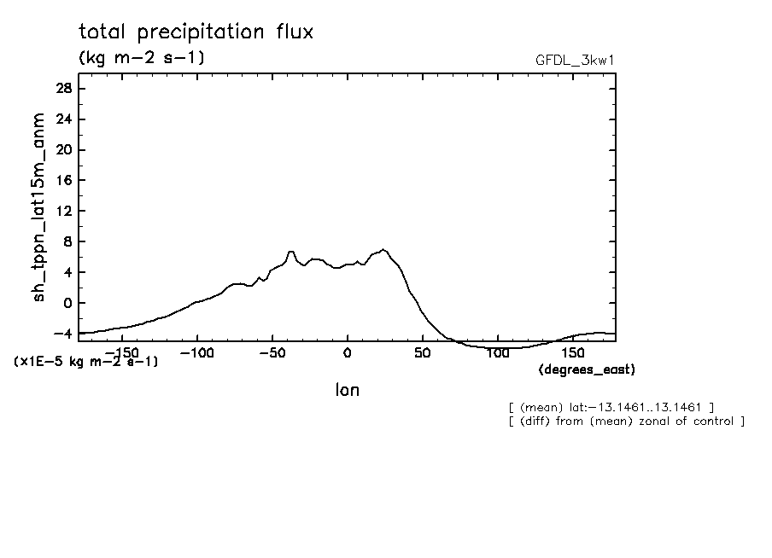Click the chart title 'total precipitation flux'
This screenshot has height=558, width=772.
click(x=196, y=32)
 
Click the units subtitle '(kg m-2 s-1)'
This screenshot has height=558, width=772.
click(x=141, y=58)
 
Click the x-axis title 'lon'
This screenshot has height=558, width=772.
click(x=347, y=391)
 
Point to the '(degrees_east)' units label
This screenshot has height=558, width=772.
click(x=587, y=369)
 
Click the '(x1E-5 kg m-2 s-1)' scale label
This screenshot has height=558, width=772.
click(x=86, y=362)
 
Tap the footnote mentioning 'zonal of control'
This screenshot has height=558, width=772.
click(x=626, y=421)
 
